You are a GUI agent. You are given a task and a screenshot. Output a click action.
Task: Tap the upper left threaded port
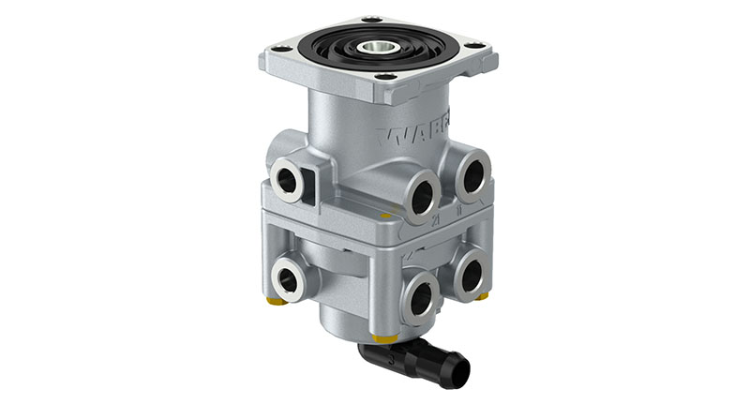point(286,177)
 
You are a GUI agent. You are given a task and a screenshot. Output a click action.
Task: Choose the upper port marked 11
point(472,175)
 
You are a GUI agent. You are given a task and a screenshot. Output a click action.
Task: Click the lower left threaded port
point(287,278)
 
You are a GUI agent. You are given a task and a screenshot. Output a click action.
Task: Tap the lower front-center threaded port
point(420,297)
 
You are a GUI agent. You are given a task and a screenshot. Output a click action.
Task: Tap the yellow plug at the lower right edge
point(484,297)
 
